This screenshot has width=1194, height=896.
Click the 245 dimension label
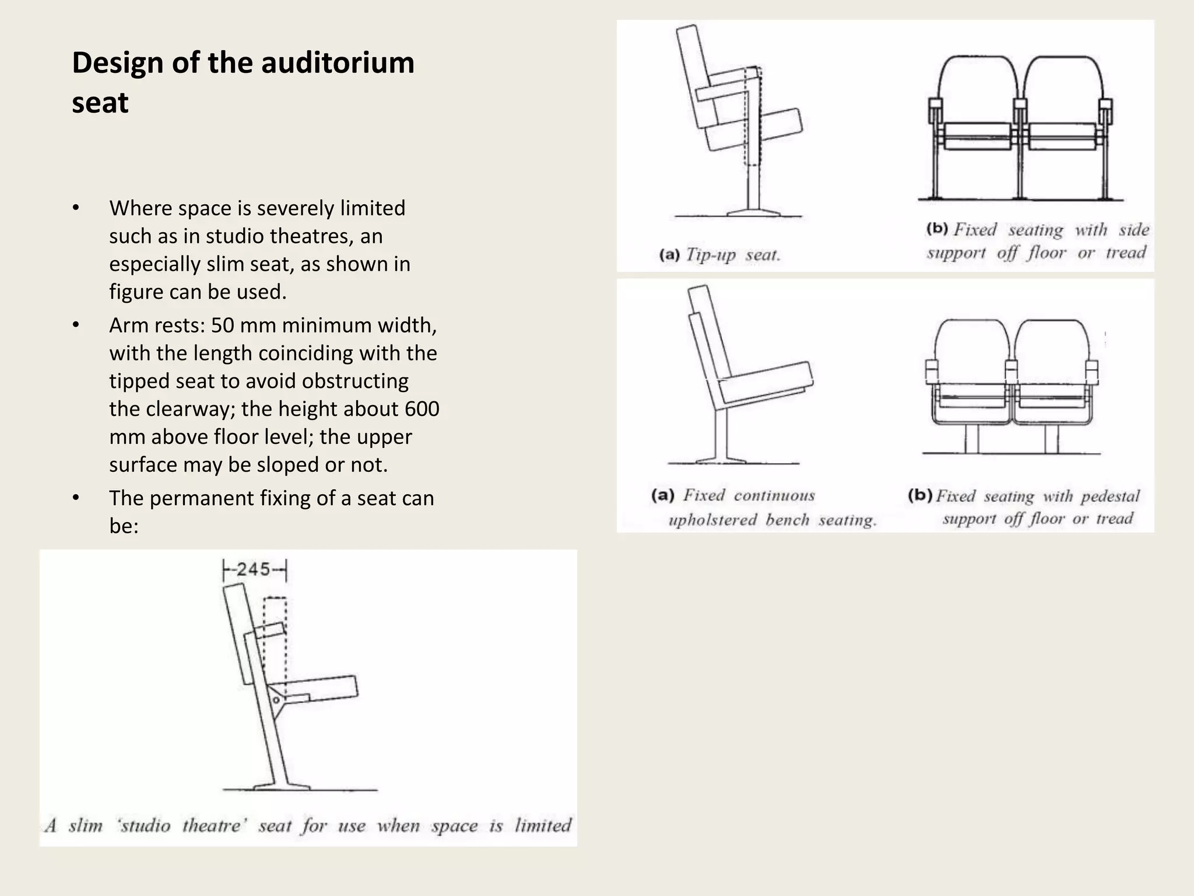point(254,569)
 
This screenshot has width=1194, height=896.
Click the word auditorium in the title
point(338,63)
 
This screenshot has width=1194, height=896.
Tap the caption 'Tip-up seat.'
point(732,255)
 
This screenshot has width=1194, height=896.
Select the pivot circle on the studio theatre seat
point(276,699)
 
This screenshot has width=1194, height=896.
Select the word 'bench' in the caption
point(787,520)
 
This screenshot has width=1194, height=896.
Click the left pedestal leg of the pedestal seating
point(971,439)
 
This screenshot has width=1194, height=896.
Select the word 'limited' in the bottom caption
point(542,825)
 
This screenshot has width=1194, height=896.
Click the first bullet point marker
point(76,208)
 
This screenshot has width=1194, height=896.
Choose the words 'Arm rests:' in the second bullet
point(157,325)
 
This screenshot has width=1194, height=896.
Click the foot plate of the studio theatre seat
point(282,786)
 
